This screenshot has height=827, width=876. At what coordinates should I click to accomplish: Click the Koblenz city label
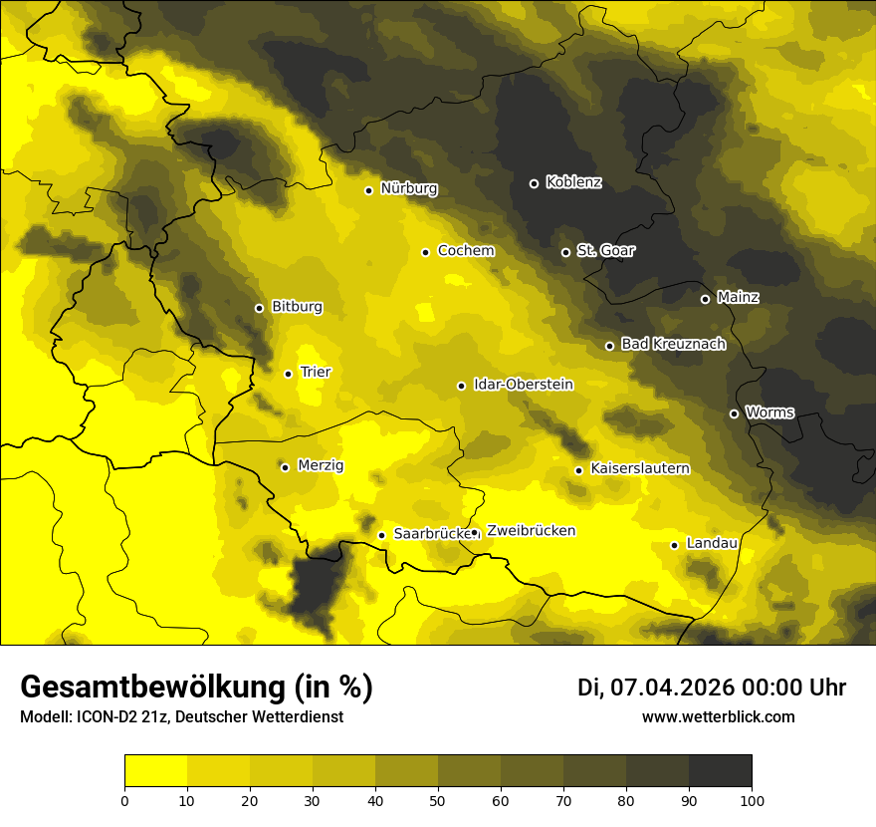coord(573,182)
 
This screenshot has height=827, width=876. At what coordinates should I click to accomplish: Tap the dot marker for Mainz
coord(705,299)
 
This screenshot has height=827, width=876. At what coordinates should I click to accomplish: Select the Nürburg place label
coord(408,188)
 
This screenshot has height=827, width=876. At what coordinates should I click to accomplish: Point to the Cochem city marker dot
coord(425,252)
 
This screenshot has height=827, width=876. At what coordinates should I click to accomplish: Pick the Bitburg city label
coord(297,307)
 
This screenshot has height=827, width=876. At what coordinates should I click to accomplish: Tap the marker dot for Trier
coord(288,374)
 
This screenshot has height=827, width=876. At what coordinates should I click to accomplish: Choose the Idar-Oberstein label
coord(523,384)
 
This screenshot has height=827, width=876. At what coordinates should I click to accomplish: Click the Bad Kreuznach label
coord(673,344)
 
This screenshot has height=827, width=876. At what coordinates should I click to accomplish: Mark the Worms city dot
coord(734,413)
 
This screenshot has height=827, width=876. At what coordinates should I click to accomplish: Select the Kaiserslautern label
coord(639,468)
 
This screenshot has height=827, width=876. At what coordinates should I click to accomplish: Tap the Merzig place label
coord(321,465)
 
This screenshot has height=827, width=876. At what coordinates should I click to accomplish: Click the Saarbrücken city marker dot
coord(381,535)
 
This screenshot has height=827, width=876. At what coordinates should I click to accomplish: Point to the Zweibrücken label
coord(531,531)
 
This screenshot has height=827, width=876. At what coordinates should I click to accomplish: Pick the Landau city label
coord(712,543)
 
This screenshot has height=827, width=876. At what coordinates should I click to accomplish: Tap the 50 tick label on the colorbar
coord(438,799)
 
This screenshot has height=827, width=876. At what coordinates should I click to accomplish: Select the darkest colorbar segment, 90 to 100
coord(720,770)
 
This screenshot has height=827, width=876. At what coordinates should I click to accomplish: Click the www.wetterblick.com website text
coord(718,716)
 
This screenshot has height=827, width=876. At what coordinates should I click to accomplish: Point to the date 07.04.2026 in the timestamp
coord(672,688)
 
